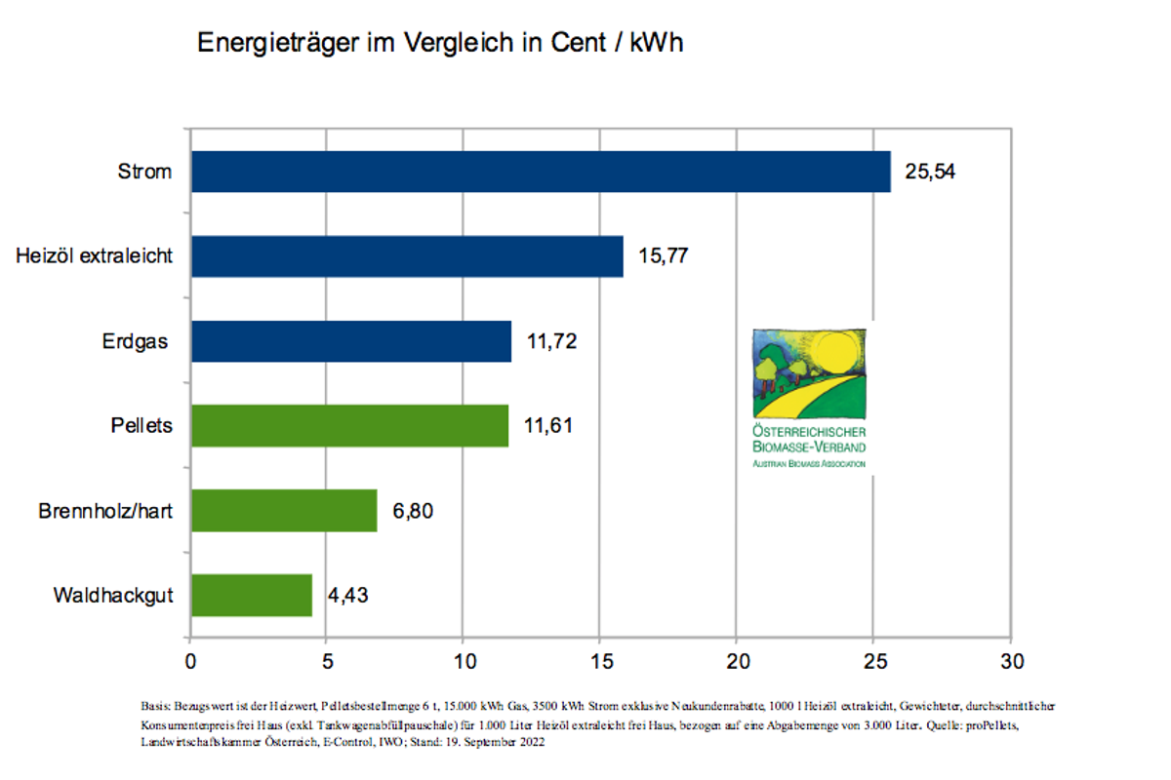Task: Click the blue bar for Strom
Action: [x=541, y=172]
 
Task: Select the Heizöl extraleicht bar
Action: [x=407, y=256]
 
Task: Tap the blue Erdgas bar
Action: [x=351, y=341]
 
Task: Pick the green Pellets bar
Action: [x=349, y=426]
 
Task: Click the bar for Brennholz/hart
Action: [x=284, y=510]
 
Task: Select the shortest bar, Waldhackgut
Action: [x=252, y=595]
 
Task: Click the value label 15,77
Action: [x=664, y=257]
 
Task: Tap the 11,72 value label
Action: [x=551, y=342]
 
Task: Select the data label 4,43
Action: [x=347, y=595]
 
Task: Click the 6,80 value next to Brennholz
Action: [x=413, y=511]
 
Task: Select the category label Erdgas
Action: [x=137, y=341]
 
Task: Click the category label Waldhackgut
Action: [x=113, y=595]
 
